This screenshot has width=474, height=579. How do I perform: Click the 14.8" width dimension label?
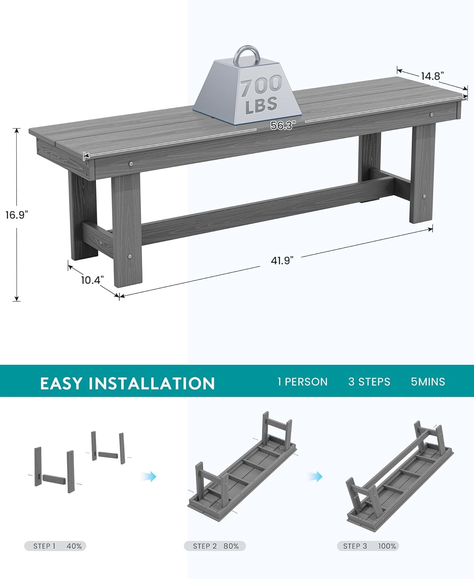point(430,76)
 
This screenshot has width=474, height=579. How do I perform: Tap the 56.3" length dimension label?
point(283,125)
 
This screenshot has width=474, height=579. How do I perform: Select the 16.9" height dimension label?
point(17,215)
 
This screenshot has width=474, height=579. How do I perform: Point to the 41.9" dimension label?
point(282,261)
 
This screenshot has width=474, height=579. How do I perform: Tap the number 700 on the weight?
point(261,86)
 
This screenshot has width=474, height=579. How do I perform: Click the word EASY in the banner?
point(61,383)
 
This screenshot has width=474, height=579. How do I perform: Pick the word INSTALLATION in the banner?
point(152,383)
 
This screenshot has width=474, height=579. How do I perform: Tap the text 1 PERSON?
point(302,382)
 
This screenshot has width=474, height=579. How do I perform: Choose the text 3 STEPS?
point(369,382)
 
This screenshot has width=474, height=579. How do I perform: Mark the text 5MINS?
point(428,382)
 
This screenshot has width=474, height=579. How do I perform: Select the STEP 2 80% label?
point(215,546)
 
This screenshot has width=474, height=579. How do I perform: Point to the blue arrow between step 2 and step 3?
point(315,476)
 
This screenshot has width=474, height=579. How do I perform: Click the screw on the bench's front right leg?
point(424,196)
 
